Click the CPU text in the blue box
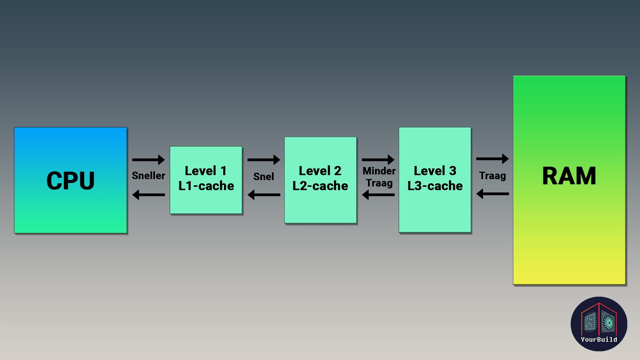(x=70, y=181)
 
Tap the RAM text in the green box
(x=569, y=176)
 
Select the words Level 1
(x=206, y=171)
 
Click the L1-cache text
(x=206, y=186)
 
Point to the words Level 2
(x=320, y=171)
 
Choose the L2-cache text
(x=320, y=186)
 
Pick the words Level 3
(x=435, y=171)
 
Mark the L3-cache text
(x=435, y=186)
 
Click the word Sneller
(x=148, y=176)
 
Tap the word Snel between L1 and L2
(x=263, y=176)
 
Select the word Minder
(x=379, y=171)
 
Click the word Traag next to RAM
(x=492, y=176)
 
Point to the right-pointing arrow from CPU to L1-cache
(x=148, y=160)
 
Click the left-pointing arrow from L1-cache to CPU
(x=148, y=195)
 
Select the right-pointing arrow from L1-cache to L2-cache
(x=264, y=160)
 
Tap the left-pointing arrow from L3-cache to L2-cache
(x=378, y=195)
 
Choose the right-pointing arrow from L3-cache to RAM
(x=492, y=159)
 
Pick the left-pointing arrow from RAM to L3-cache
(x=492, y=194)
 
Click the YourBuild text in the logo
(x=599, y=339)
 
